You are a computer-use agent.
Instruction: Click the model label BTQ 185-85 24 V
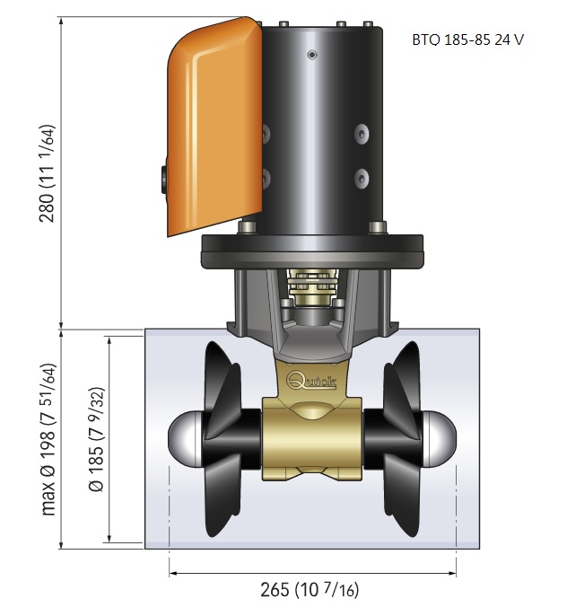pyautogui.click(x=467, y=40)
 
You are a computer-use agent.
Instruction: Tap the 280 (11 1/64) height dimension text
pyautogui.click(x=48, y=173)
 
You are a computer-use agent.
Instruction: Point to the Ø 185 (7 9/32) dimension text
pyautogui.click(x=97, y=439)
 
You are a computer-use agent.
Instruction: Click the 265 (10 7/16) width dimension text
pyautogui.click(x=310, y=589)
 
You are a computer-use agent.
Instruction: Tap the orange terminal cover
pyautogui.click(x=214, y=126)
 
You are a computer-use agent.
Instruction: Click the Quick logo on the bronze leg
pyautogui.click(x=312, y=381)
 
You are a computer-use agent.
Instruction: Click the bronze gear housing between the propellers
pyautogui.click(x=312, y=438)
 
